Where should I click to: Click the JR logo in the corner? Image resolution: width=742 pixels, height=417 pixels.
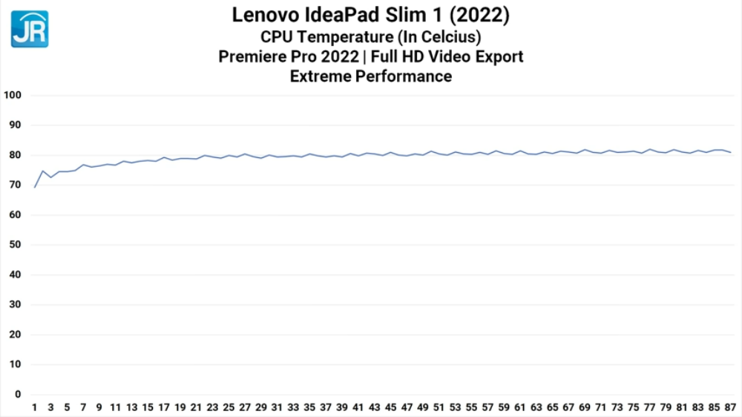click(30, 29)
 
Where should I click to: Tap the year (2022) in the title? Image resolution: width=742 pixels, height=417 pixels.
click(485, 14)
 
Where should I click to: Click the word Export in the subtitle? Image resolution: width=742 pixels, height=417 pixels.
click(499, 56)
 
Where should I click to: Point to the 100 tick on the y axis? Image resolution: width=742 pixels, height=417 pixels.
click(13, 95)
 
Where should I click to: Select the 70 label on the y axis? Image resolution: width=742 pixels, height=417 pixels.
click(16, 185)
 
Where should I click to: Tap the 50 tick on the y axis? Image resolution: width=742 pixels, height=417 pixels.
click(16, 245)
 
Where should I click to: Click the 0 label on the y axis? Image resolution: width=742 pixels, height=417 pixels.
click(19, 395)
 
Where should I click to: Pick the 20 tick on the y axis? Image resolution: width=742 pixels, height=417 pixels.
click(16, 335)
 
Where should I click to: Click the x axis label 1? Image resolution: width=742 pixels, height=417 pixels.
click(34, 407)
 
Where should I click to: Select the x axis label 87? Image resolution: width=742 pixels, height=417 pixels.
click(731, 407)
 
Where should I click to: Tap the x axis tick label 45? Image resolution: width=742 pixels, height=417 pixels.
click(390, 407)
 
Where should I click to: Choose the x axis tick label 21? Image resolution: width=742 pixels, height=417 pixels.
click(196, 407)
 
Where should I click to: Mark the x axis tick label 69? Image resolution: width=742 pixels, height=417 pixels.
click(585, 407)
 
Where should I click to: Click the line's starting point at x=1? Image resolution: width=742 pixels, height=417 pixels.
click(35, 187)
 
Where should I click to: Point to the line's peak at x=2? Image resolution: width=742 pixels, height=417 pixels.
click(43, 171)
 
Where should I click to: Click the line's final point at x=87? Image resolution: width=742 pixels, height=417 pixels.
click(731, 152)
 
